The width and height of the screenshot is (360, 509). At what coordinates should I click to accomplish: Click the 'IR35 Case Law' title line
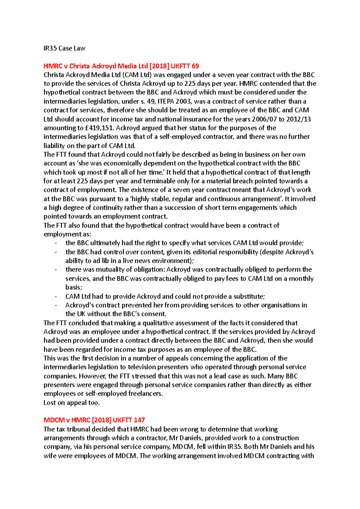64,48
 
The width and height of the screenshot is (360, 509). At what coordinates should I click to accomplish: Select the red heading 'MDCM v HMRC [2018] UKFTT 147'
94,420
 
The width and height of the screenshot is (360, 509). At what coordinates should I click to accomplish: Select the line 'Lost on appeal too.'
71,403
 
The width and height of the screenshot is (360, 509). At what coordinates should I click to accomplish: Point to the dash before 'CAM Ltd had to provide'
56,296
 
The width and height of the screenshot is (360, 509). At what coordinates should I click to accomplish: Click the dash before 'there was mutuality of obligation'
56,269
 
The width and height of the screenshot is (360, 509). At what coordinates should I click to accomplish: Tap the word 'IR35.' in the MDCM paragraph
235,447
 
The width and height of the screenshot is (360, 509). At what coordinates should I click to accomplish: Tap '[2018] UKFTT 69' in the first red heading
174,66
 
